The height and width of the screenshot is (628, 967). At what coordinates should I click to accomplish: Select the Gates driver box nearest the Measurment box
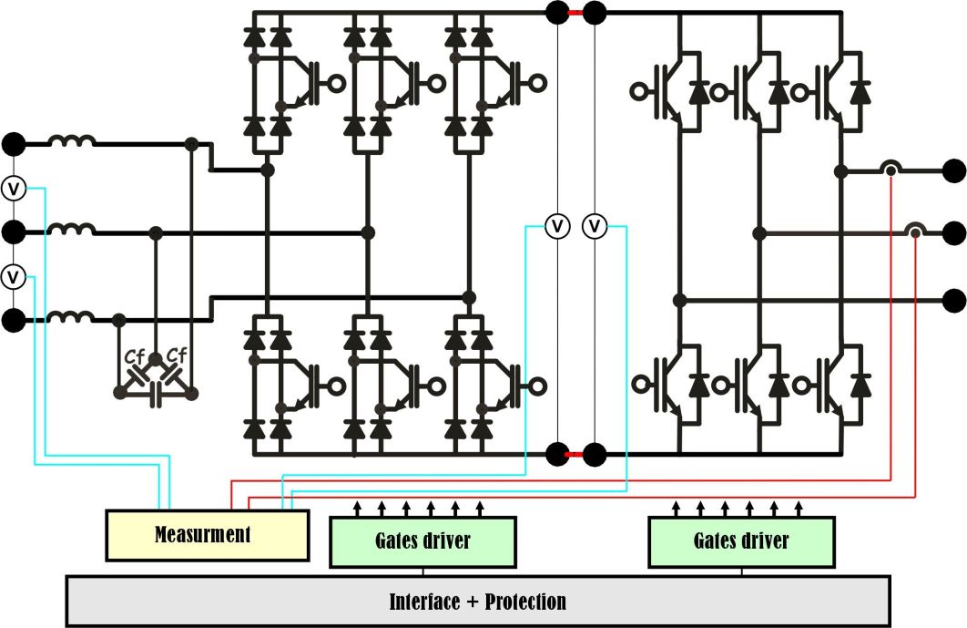(422, 540)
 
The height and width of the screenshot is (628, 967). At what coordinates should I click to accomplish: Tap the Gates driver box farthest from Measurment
(741, 540)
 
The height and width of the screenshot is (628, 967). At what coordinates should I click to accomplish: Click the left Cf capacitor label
(136, 356)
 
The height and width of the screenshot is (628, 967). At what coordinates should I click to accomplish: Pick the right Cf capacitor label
(176, 356)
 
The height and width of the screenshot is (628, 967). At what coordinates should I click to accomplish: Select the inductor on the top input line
(72, 143)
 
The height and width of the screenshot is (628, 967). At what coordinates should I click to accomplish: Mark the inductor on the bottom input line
(72, 318)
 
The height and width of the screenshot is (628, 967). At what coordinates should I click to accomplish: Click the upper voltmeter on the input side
(14, 189)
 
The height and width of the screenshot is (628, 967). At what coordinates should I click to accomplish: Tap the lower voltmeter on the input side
(14, 274)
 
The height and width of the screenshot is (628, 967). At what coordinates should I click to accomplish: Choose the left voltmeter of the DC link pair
(556, 224)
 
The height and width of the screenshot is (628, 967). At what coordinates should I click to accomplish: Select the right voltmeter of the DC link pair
(595, 224)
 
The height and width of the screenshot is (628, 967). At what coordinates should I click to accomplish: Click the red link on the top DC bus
(575, 13)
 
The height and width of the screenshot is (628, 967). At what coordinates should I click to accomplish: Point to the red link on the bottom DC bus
(575, 453)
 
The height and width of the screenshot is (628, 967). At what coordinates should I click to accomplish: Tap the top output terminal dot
(953, 170)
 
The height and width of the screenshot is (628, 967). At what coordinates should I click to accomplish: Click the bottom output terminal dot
(953, 299)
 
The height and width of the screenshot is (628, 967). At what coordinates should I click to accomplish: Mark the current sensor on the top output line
(889, 169)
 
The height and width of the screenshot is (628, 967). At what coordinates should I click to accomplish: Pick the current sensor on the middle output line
(914, 232)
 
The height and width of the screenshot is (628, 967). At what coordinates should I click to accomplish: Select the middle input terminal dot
(14, 232)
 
